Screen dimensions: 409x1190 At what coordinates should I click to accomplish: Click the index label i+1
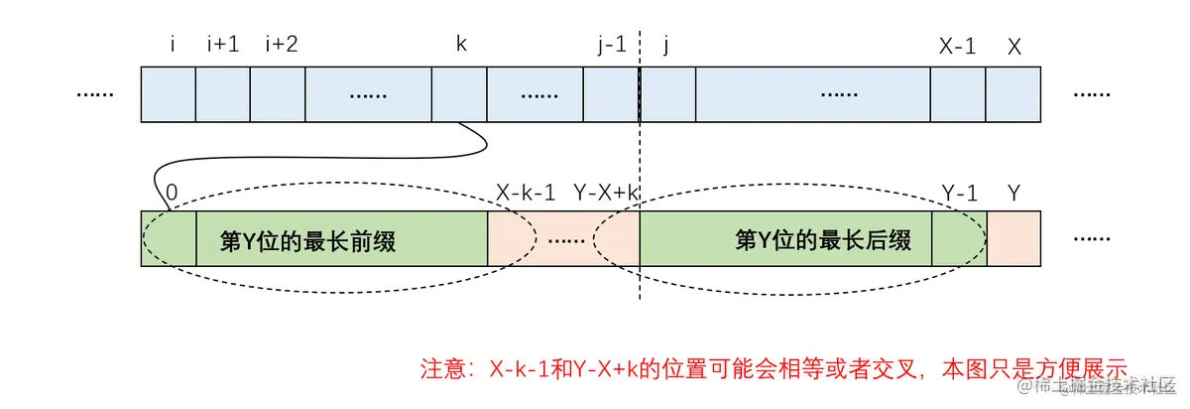pos(223,46)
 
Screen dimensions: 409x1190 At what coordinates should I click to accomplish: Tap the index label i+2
pos(282,46)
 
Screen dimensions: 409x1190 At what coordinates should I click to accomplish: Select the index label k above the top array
pos(461,46)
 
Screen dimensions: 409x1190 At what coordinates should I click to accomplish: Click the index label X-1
pos(957,46)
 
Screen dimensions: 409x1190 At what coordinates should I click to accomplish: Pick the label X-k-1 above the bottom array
pos(525,194)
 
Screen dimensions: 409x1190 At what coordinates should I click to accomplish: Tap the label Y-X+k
pos(605,194)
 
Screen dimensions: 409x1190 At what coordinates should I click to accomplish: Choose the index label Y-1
pos(958,194)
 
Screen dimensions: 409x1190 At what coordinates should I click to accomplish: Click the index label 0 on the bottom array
pos(172,194)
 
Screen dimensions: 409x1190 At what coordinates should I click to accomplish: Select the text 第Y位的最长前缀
pos(307,240)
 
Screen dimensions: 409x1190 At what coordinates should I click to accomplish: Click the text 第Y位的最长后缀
pos(822,240)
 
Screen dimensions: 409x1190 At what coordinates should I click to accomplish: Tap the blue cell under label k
pos(459,94)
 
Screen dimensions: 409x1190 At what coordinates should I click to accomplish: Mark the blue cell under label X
pos(1012,94)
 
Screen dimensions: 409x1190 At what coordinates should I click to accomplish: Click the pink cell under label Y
pos(1012,239)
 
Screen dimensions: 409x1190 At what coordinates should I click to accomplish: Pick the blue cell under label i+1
pos(223,94)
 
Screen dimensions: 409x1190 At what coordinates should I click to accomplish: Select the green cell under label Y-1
pos(959,239)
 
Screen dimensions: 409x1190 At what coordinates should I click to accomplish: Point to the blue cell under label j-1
pos(612,94)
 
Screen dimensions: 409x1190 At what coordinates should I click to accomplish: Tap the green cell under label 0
pos(169,239)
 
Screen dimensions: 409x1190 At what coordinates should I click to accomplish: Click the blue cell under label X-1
pos(958,94)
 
